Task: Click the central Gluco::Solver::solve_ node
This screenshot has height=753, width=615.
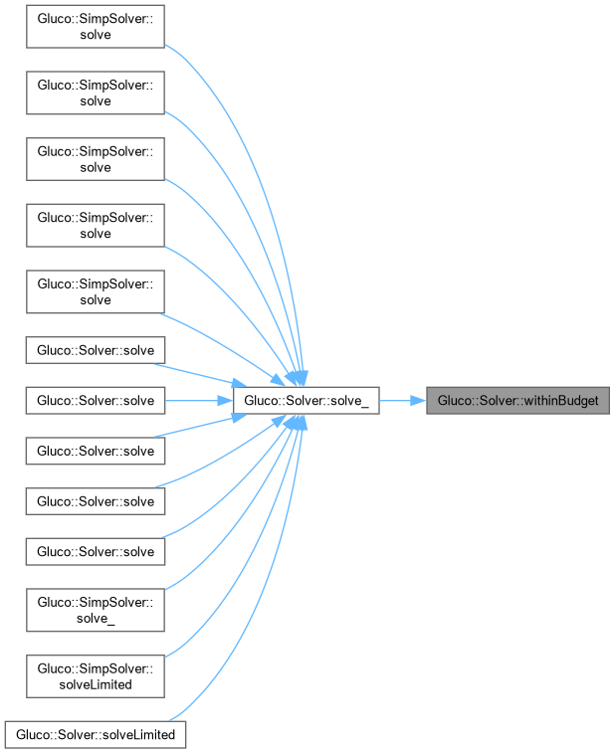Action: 306,401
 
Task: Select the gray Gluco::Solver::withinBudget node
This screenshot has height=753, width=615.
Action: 516,401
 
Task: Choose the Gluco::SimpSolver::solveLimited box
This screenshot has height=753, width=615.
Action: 95,674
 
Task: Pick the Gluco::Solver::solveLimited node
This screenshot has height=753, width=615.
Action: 96,735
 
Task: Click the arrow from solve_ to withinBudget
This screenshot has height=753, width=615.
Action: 402,401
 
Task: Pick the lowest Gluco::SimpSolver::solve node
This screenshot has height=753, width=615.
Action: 95,291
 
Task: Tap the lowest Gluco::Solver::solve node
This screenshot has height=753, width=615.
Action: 96,550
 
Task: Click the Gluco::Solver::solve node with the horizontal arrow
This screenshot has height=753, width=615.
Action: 96,401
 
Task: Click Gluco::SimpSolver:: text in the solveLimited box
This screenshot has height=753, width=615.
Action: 95,667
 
